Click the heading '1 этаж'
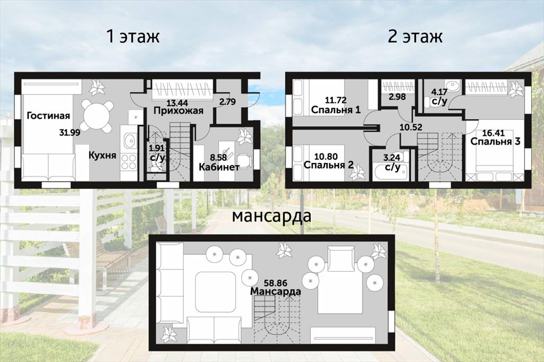tap(133, 37)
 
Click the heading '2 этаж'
tap(415, 37)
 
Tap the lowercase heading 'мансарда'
tap(271, 217)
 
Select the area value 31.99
tap(70, 132)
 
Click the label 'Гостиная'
tap(48, 116)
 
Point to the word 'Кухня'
tap(103, 155)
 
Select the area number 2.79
tap(227, 101)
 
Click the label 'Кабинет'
tap(219, 167)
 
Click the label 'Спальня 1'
tap(336, 109)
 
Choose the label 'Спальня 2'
tap(328, 165)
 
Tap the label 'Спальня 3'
tap(496, 142)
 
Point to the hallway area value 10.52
tap(411, 127)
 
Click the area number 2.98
tap(397, 97)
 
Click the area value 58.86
tap(276, 283)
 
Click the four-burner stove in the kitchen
tap(129, 162)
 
